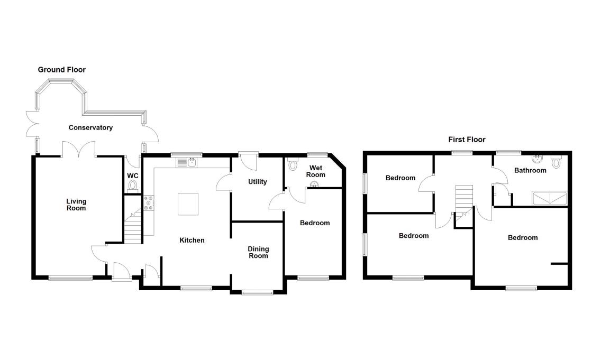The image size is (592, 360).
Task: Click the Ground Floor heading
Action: pyautogui.click(x=61, y=70)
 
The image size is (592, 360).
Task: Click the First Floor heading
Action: pyautogui.click(x=466, y=140)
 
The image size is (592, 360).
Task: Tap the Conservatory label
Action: pyautogui.click(x=90, y=127)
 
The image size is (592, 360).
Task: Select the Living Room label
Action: pyautogui.click(x=76, y=205)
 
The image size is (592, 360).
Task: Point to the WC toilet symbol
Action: pyautogui.click(x=132, y=186)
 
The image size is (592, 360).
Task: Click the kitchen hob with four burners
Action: pyautogui.click(x=149, y=203)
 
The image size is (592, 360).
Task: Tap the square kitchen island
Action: pyautogui.click(x=188, y=204)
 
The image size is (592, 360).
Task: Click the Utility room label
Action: pyautogui.click(x=258, y=182)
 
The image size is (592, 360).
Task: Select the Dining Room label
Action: pyautogui.click(x=259, y=252)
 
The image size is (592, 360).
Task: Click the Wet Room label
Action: pyautogui.click(x=316, y=171)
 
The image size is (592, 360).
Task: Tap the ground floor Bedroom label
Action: pyautogui.click(x=315, y=223)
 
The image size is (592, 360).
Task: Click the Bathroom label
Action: pyautogui.click(x=530, y=170)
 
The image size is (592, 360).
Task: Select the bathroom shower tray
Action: pyautogui.click(x=550, y=198)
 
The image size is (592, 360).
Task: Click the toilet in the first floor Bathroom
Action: pyautogui.click(x=556, y=163)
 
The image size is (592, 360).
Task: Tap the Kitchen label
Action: pyautogui.click(x=192, y=240)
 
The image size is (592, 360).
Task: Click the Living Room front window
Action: pyautogui.click(x=70, y=277)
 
